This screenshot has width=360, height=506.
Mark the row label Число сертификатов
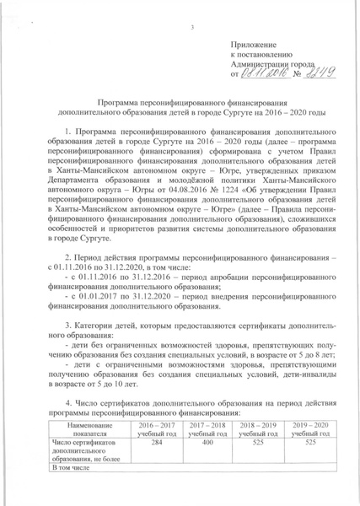[x=83, y=442]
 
